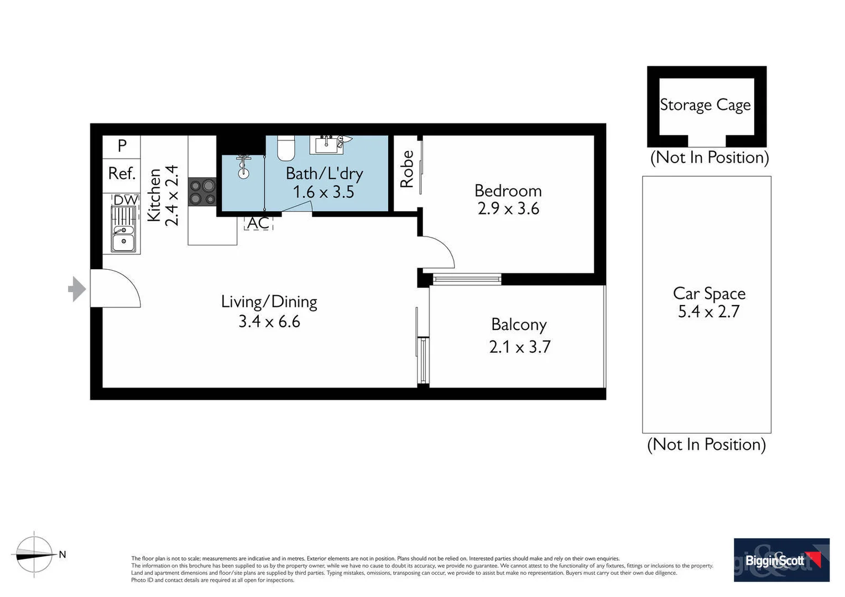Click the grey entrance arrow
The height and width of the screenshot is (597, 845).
point(77,289)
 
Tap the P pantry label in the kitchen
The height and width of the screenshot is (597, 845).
point(122,146)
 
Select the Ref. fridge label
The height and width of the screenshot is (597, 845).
point(122,174)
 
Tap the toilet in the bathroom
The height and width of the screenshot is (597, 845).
point(286,147)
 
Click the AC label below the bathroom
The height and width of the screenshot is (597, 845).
point(258,223)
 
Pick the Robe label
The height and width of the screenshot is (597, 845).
point(407,169)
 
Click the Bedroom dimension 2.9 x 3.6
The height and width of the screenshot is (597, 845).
point(508,209)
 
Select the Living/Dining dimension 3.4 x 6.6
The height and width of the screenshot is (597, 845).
point(269,322)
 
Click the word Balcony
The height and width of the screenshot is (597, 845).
point(519,324)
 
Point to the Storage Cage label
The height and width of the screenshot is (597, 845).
point(705,105)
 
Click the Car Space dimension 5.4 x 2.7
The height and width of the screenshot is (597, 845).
point(708,312)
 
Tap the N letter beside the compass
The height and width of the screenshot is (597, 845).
point(62,554)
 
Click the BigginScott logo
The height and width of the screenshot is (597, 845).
point(781,560)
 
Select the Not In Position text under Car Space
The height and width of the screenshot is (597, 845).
point(706,444)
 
